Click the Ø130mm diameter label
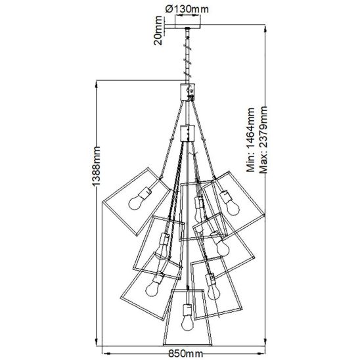(x=187, y=9)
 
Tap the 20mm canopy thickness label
(x=158, y=30)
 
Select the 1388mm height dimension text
(x=96, y=166)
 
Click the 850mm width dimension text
(x=185, y=354)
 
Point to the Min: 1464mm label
(x=250, y=139)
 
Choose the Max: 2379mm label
(x=263, y=139)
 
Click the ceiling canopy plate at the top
(x=188, y=26)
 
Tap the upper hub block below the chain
(x=188, y=92)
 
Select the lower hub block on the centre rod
(x=188, y=133)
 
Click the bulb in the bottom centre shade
(x=187, y=323)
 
